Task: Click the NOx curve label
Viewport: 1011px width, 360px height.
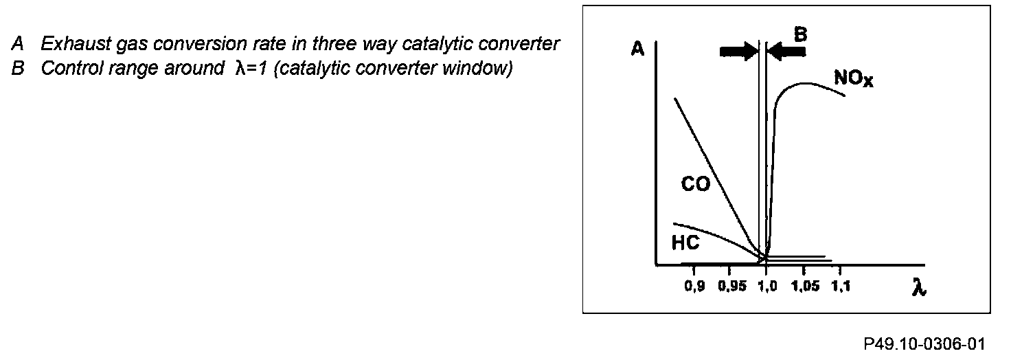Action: (x=854, y=78)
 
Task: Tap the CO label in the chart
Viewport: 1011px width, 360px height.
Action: (x=695, y=184)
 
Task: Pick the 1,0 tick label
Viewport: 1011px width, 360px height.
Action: (x=766, y=286)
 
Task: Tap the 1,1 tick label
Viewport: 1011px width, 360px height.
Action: (x=841, y=286)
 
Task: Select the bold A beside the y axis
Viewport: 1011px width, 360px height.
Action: (x=637, y=49)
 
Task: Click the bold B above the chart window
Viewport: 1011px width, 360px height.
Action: (x=799, y=34)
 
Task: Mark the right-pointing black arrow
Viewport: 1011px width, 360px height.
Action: (x=738, y=52)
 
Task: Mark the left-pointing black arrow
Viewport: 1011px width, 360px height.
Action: (x=785, y=52)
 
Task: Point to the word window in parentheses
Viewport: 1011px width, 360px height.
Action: (x=481, y=69)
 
